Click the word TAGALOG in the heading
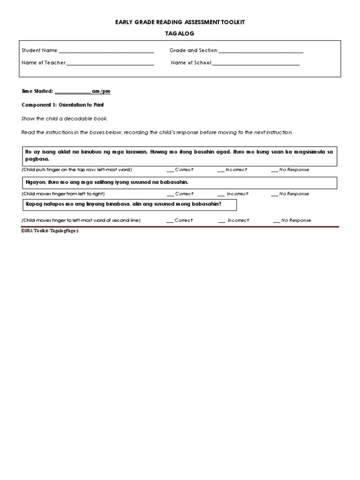point(180,34)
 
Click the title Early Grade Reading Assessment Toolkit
point(180,22)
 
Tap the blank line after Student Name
point(106,51)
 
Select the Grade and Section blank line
point(261,51)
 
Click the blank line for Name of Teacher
point(110,63)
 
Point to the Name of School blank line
point(256,63)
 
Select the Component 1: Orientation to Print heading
point(63,105)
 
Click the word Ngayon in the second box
point(34,182)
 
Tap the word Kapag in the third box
point(34,204)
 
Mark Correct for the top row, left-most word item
point(171,170)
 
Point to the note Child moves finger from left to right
point(63,194)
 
